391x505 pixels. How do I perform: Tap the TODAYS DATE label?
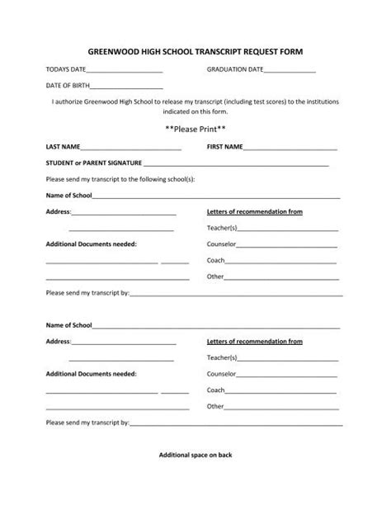pos(67,70)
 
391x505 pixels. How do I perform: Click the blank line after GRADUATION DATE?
pos(290,71)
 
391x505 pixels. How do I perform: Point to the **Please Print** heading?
pos(195,129)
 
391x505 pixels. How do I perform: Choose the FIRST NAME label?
pos(224,147)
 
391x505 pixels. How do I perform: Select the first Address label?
pos(58,212)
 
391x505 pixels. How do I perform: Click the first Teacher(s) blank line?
pos(288,229)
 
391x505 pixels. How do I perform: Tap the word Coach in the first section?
pos(215,261)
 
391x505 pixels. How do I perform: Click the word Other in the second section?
pos(215,406)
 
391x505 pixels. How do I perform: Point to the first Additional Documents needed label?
pos(92,244)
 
